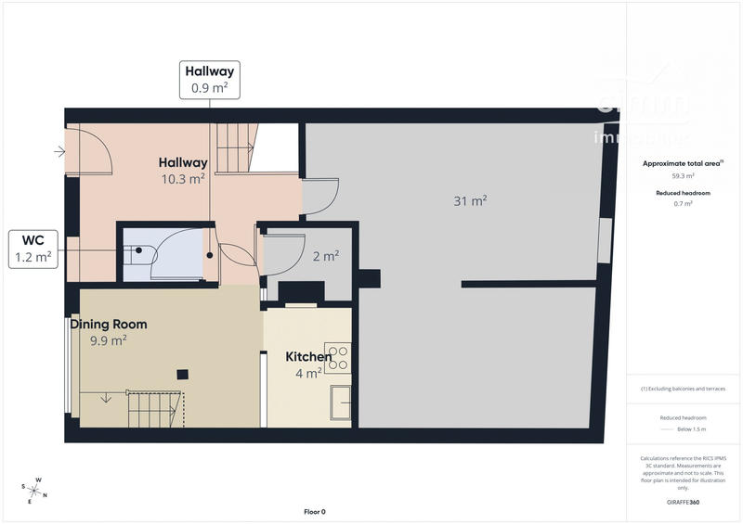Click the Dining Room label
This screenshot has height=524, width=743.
point(109,325)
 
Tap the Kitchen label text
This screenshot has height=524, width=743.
point(308,357)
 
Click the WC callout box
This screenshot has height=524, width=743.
point(33,249)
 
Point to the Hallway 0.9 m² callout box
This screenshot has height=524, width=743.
point(210,79)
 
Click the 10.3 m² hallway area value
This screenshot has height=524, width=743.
point(184,179)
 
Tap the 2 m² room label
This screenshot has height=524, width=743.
point(325,256)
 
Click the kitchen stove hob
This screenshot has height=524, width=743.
point(338,357)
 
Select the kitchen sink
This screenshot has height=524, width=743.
point(340,403)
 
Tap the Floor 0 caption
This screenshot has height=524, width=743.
point(315,512)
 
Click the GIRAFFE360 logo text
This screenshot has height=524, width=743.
point(683,502)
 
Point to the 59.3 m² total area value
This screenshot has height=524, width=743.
point(683,175)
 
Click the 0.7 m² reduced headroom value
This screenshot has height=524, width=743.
point(683,203)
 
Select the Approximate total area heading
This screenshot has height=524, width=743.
point(683,163)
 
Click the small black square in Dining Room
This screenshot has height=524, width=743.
point(183,374)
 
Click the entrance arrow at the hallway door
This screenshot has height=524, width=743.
point(60,150)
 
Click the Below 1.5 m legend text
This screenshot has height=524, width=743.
point(690,430)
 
